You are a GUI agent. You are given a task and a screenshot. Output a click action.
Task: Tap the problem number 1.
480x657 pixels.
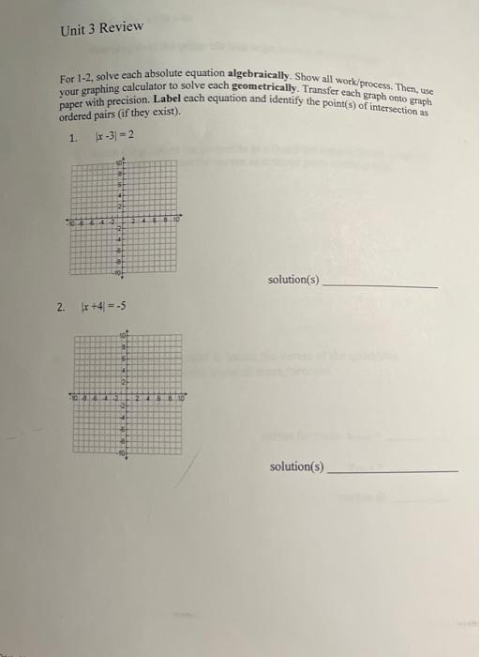tap(74, 137)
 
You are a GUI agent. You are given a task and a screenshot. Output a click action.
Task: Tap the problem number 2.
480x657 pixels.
tap(60, 306)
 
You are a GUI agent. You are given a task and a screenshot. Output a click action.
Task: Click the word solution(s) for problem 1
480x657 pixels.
tap(293, 280)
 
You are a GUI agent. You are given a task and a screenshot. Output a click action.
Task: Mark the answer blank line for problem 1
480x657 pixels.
tap(379, 284)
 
